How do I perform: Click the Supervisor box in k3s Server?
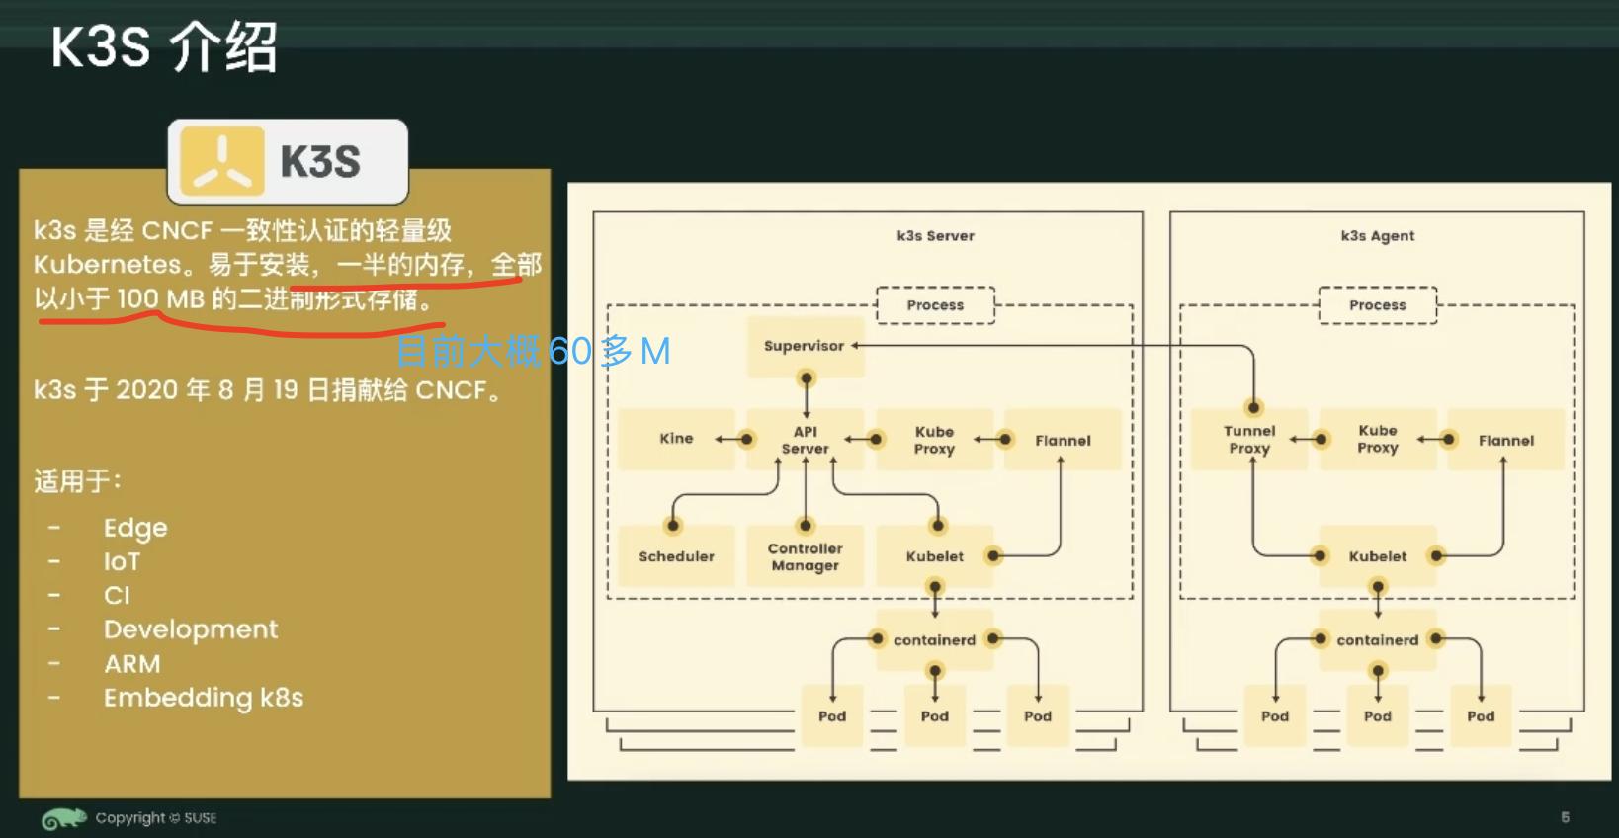pyautogui.click(x=805, y=346)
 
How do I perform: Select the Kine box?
pyautogui.click(x=677, y=438)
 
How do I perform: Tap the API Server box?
pyautogui.click(x=805, y=440)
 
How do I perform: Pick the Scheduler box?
pyautogui.click(x=676, y=556)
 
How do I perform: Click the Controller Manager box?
pyautogui.click(x=805, y=556)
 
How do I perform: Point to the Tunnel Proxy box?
pyautogui.click(x=1249, y=440)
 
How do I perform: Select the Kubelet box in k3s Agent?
pyautogui.click(x=1377, y=556)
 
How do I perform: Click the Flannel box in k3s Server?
pyautogui.click(x=1063, y=440)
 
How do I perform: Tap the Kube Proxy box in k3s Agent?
pyautogui.click(x=1377, y=440)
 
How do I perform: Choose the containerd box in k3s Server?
pyautogui.click(x=934, y=640)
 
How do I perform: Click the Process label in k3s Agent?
pyautogui.click(x=1377, y=305)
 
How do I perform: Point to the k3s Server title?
pyautogui.click(x=935, y=236)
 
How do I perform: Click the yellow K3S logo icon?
pyautogui.click(x=222, y=160)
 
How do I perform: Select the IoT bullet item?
pyautogui.click(x=122, y=561)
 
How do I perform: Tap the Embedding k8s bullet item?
pyautogui.click(x=203, y=698)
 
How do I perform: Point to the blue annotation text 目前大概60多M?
pyautogui.click(x=533, y=351)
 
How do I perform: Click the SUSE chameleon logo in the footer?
pyautogui.click(x=63, y=818)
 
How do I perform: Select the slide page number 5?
pyautogui.click(x=1565, y=817)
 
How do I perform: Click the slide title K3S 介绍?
pyautogui.click(x=164, y=46)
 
